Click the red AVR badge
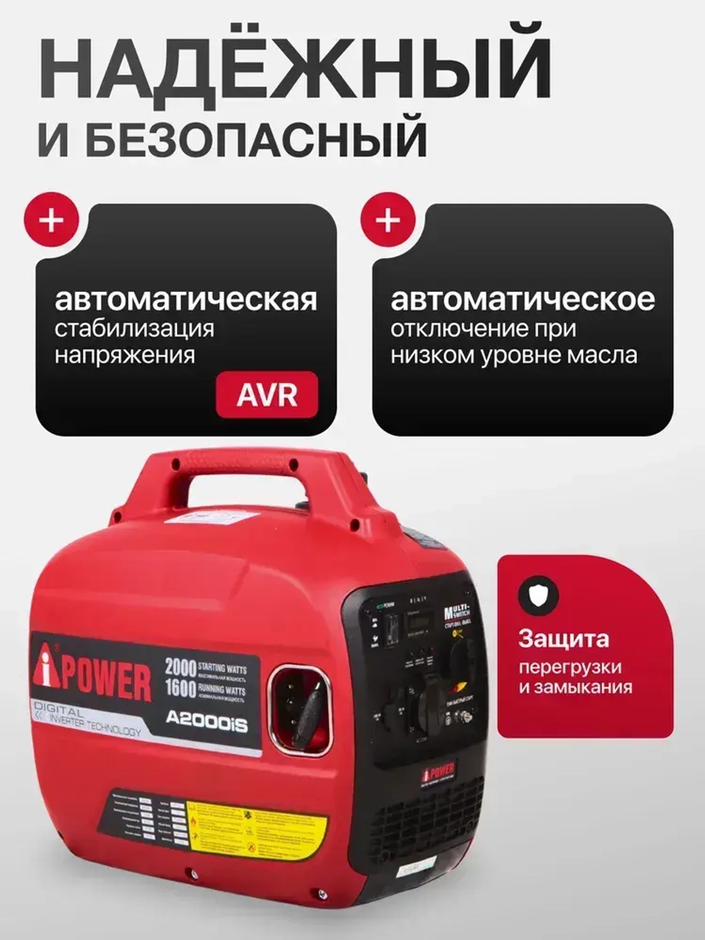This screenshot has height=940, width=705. point(266,395)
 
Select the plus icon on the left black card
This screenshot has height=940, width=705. point(51,220)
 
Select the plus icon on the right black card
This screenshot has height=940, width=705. point(387,220)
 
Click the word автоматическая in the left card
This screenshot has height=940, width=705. point(186,299)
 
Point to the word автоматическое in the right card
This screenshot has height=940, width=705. point(522,299)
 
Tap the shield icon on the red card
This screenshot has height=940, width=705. point(539,594)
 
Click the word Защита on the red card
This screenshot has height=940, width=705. point(563,639)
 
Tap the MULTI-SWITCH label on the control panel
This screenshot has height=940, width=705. point(456,610)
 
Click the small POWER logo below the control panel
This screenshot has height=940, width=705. point(438,769)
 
